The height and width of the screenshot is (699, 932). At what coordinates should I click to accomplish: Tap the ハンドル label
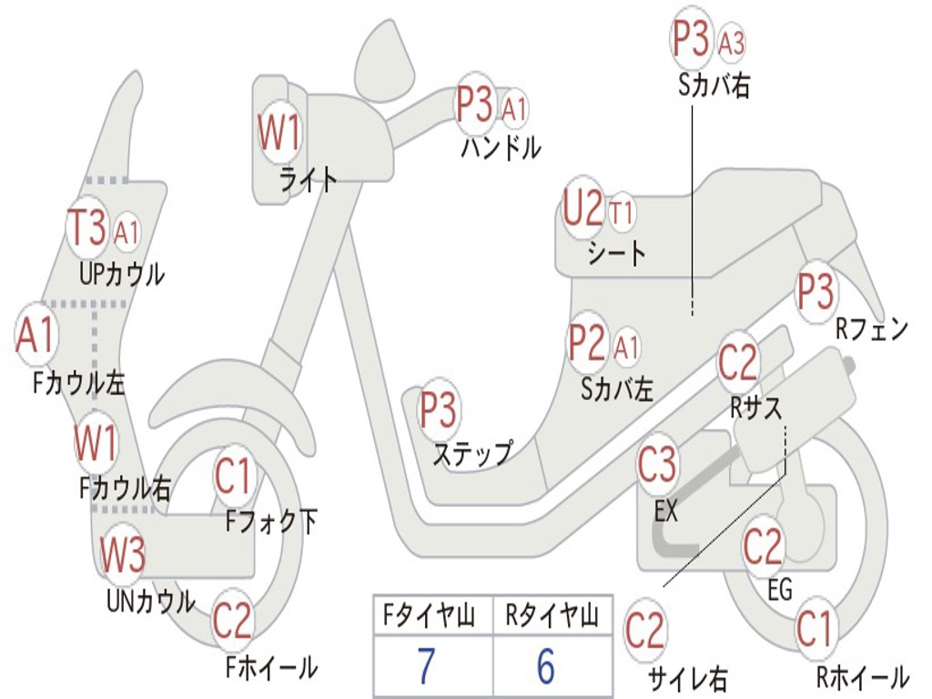(x=501, y=147)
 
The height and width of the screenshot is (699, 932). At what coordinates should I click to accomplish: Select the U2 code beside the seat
(x=583, y=210)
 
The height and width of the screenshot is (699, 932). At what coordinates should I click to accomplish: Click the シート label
(x=616, y=252)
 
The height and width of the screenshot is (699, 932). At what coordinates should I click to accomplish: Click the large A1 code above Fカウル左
(x=35, y=336)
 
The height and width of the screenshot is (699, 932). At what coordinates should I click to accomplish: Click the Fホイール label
(x=270, y=667)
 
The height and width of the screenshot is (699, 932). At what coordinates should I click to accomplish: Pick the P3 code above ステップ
(x=438, y=410)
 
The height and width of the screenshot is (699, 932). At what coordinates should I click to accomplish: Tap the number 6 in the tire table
(x=545, y=666)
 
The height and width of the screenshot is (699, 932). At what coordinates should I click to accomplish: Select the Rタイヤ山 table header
(x=552, y=617)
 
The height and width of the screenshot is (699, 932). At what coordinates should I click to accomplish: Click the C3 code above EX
(x=657, y=465)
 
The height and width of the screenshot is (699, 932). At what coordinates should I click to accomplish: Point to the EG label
(x=780, y=590)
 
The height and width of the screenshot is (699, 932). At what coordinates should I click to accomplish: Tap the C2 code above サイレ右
(x=645, y=631)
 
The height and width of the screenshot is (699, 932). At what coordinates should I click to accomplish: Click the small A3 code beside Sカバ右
(x=732, y=42)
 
